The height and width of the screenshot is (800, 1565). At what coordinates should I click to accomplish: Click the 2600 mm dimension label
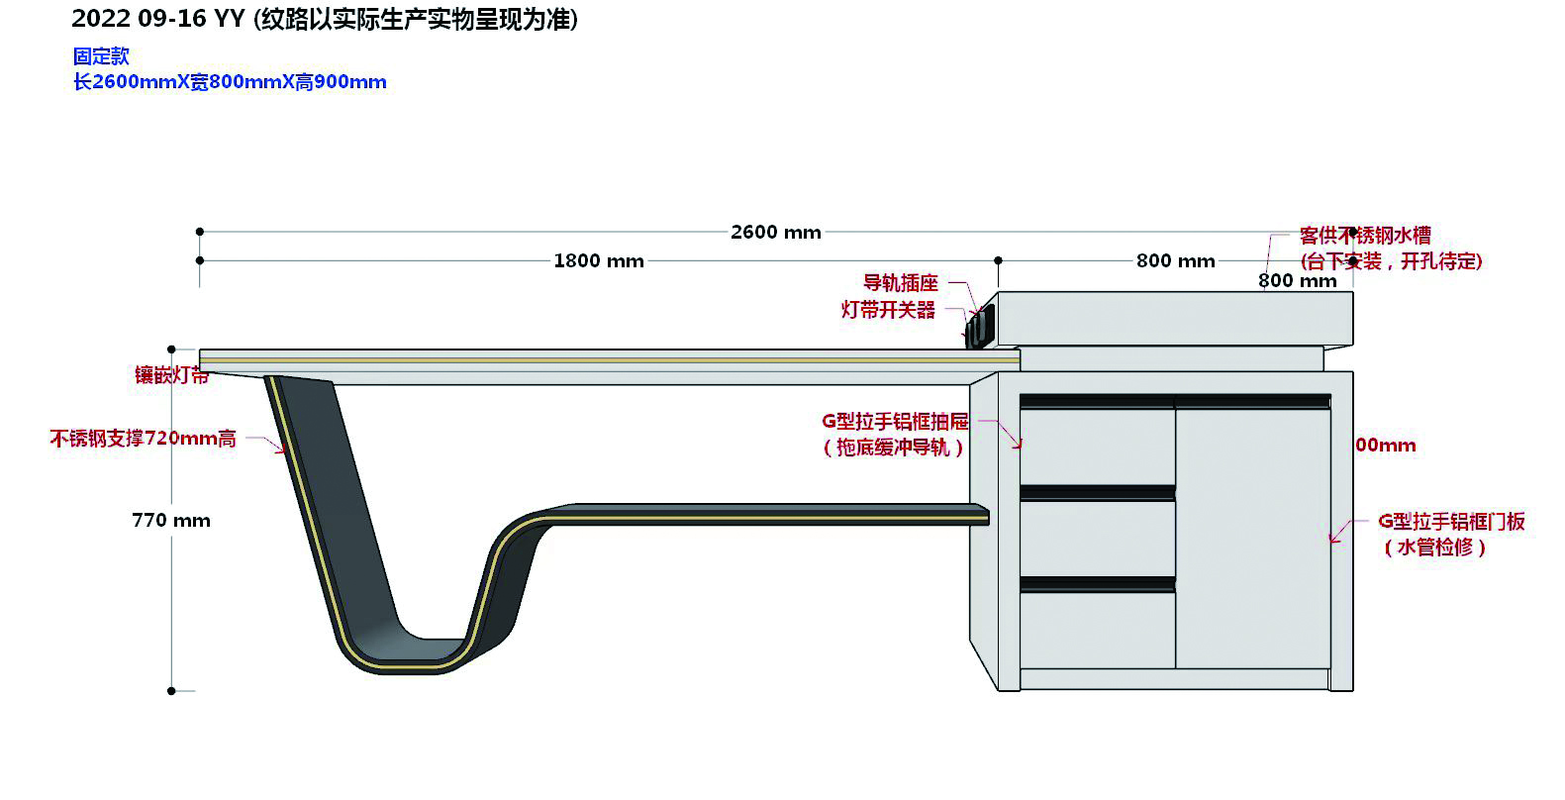point(775,233)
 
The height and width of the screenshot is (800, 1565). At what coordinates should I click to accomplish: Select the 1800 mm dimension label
point(598,261)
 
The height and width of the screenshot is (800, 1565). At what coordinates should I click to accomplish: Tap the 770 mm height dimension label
point(171,521)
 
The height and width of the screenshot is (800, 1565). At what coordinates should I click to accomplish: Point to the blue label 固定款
point(101,56)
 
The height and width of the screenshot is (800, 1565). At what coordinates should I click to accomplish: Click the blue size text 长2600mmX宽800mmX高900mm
point(230,82)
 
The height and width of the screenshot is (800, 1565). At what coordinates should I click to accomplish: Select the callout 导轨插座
point(900,283)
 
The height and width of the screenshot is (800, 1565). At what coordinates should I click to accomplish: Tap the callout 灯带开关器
point(888,310)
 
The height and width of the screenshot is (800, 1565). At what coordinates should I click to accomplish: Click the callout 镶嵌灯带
point(171,375)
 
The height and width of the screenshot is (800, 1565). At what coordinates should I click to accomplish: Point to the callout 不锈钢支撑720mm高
point(144,439)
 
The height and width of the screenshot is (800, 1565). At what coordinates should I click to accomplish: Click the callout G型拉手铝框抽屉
point(895,422)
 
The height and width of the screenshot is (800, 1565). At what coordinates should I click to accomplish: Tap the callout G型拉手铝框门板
point(1451,522)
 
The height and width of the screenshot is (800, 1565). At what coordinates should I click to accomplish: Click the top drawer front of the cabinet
point(1097,446)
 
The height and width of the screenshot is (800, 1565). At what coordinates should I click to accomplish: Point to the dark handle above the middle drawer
point(1097,492)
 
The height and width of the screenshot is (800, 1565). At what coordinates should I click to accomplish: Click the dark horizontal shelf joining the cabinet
point(772,513)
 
